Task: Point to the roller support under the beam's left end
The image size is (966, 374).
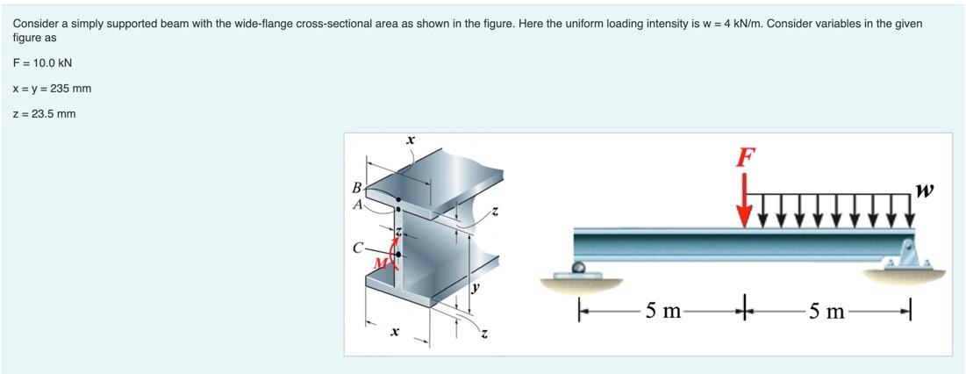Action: [x=578, y=268]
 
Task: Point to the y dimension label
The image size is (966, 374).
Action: [x=477, y=287]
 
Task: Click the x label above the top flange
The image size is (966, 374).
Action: [x=410, y=140]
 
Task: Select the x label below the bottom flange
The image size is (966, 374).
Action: [x=395, y=332]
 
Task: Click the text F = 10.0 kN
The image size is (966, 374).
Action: [x=42, y=64]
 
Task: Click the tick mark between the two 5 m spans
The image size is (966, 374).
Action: [x=745, y=310]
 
